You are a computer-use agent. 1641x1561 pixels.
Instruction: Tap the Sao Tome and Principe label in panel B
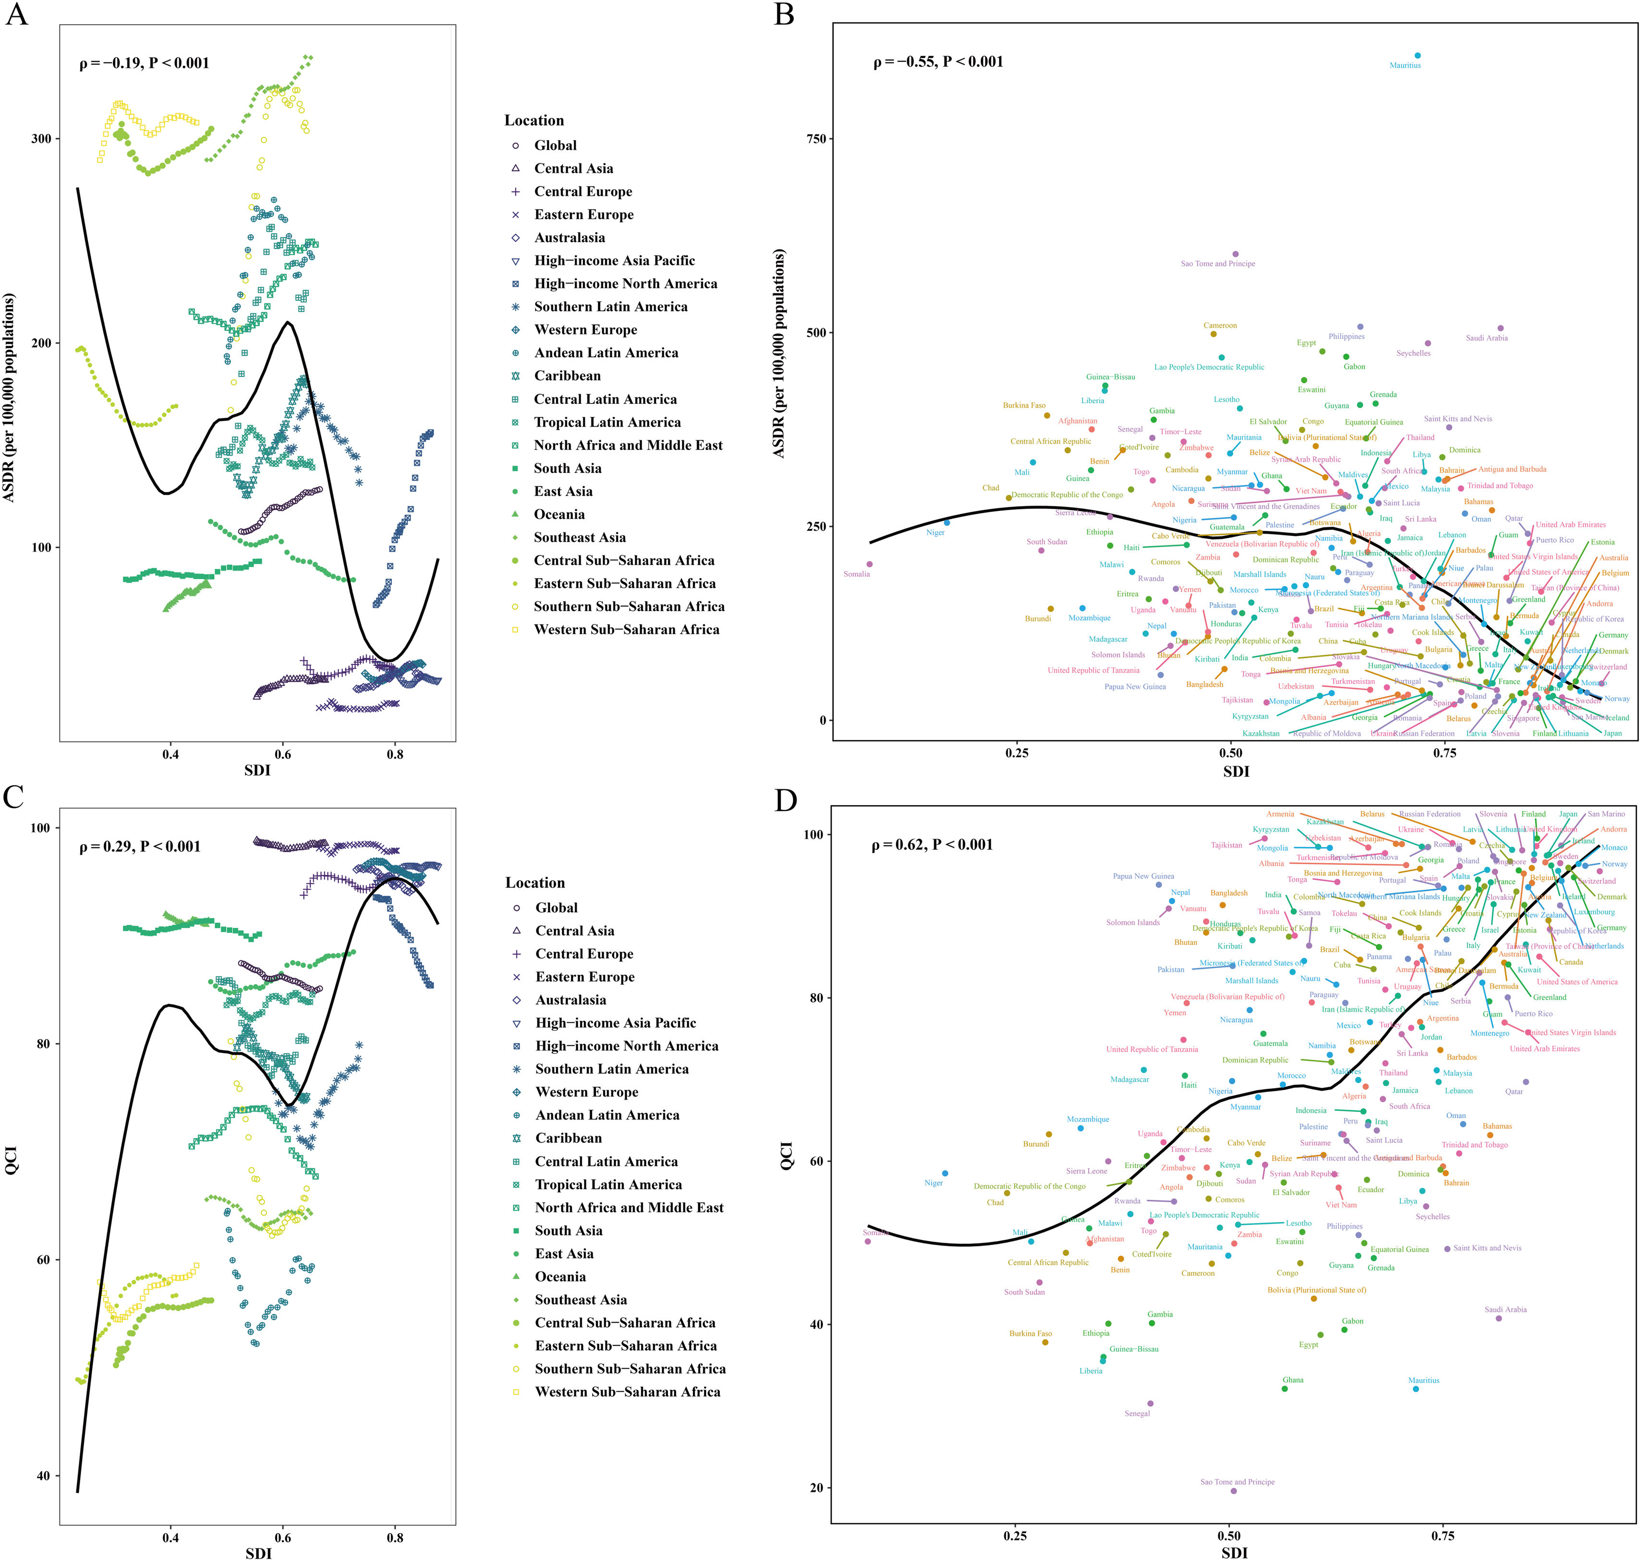[x=1217, y=264]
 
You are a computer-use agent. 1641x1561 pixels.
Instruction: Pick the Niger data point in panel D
[x=945, y=1173]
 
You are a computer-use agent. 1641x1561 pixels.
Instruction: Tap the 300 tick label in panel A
[x=41, y=139]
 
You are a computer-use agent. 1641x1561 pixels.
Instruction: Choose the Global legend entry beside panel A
[x=555, y=145]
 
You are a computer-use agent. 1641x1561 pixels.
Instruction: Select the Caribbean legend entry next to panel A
[x=567, y=376]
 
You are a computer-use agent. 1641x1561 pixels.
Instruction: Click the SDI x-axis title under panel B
[x=1236, y=771]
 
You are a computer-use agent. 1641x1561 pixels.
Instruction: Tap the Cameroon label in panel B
[x=1220, y=326]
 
